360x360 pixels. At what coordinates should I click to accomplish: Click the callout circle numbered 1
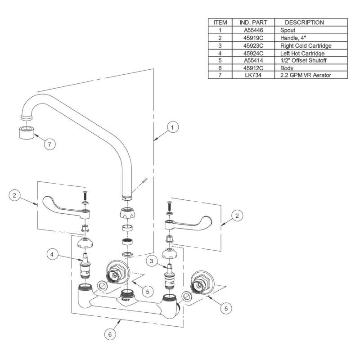tap(172, 128)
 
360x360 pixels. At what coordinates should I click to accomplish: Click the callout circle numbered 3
tap(153, 260)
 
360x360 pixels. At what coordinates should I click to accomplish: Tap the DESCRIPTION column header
tap(304, 22)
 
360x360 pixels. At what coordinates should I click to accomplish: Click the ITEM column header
tap(220, 22)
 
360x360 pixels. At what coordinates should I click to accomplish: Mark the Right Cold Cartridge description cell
tap(306, 45)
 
